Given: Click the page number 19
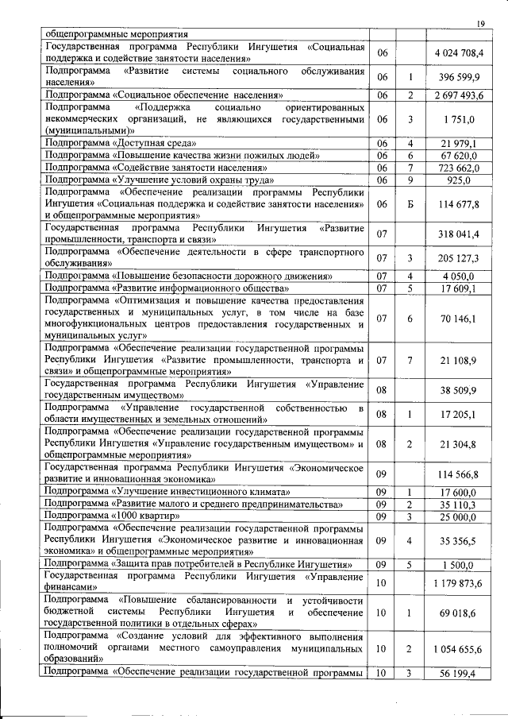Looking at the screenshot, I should pyautogui.click(x=481, y=22).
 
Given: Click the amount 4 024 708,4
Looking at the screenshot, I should pyautogui.click(x=459, y=53).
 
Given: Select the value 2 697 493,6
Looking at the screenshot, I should pyautogui.click(x=459, y=95).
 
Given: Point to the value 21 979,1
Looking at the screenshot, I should pyautogui.click(x=460, y=143).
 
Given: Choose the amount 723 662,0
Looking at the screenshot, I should pyautogui.click(x=460, y=168).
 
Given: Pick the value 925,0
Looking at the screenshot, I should pyautogui.click(x=460, y=181).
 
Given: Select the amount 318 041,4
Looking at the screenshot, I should pyautogui.click(x=460, y=235).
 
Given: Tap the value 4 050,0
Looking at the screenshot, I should pyautogui.click(x=460, y=275).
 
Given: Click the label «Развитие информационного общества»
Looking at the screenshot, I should pyautogui.click(x=167, y=288).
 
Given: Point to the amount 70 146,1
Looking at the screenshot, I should pyautogui.click(x=460, y=318).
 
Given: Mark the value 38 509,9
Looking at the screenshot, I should pyautogui.click(x=460, y=389).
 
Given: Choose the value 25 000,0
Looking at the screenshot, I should pyautogui.click(x=460, y=516).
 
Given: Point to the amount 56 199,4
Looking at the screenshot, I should pyautogui.click(x=460, y=674).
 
